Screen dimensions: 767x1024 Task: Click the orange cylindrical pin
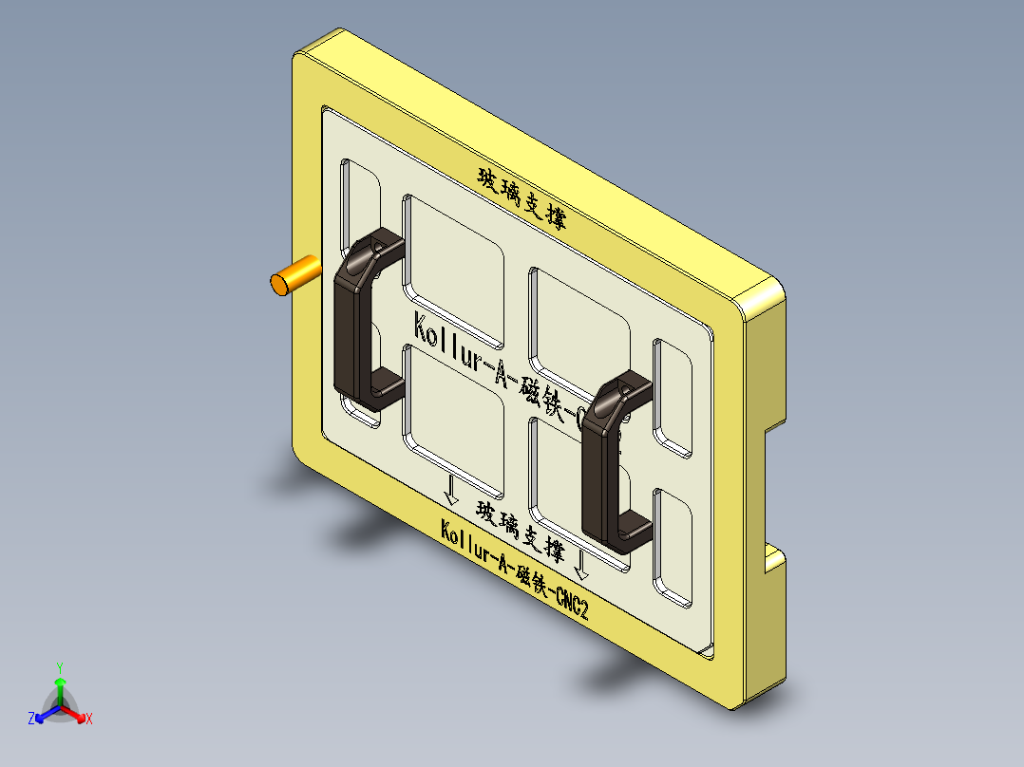pyautogui.click(x=293, y=276)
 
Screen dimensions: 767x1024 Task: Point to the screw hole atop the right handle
pyautogui.click(x=623, y=389)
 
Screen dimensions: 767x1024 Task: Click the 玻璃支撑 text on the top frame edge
pyautogui.click(x=521, y=198)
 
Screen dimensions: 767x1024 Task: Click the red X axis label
pyautogui.click(x=88, y=720)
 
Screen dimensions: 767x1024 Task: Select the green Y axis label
pyautogui.click(x=59, y=667)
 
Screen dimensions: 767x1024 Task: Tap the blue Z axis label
pyautogui.click(x=31, y=719)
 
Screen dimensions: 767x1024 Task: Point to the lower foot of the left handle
pyautogui.click(x=384, y=388)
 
